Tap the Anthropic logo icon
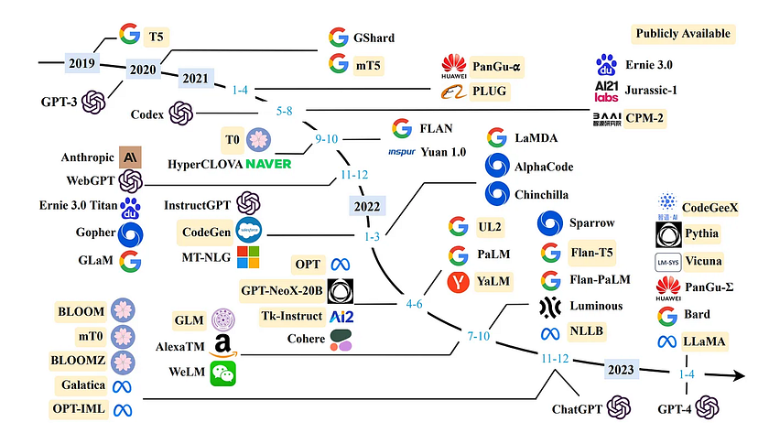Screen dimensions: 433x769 coord(130,157)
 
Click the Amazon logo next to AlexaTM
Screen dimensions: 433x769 coord(222,345)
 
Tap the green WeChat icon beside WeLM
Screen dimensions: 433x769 coord(222,373)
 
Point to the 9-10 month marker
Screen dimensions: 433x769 coord(326,139)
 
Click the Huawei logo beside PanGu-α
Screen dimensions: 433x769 coord(454,65)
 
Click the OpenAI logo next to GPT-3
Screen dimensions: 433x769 coord(93,100)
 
